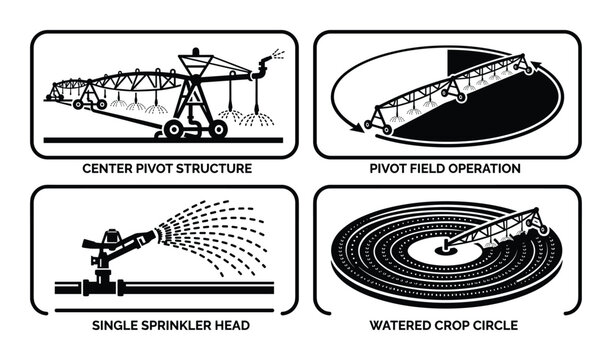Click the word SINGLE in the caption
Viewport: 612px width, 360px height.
(x=110, y=326)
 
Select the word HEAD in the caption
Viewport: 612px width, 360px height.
(x=232, y=326)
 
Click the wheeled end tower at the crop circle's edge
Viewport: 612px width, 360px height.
(x=541, y=227)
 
